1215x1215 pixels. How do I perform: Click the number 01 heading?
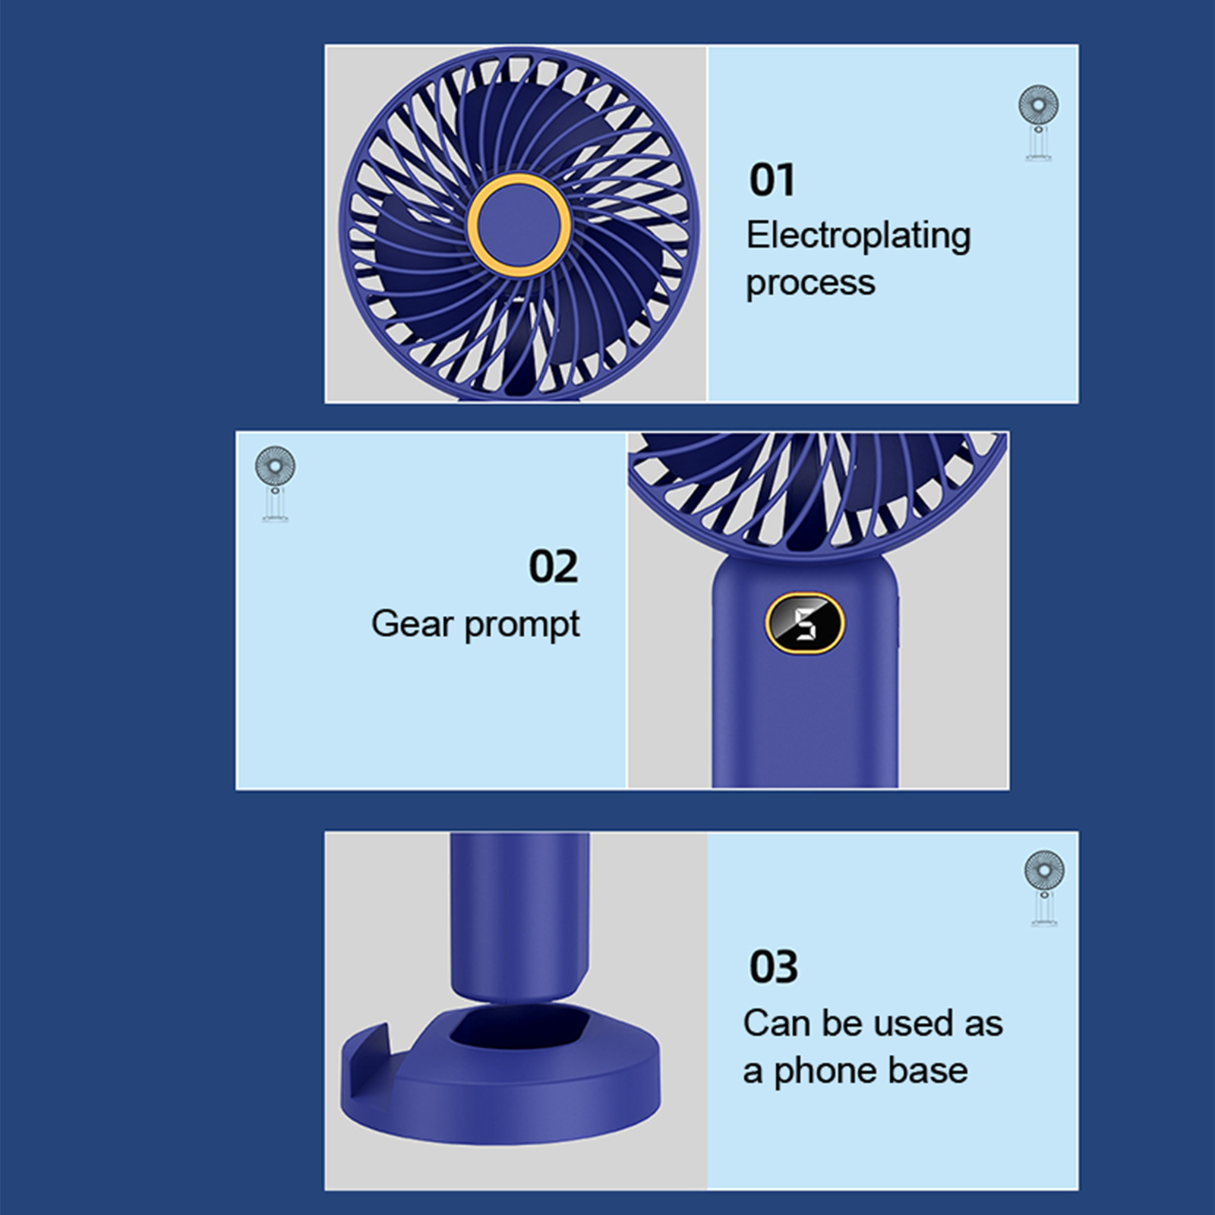click(x=772, y=181)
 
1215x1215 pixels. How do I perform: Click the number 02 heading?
click(x=553, y=566)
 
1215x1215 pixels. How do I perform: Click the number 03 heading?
click(x=773, y=967)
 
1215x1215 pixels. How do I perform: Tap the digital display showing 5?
click(x=804, y=623)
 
